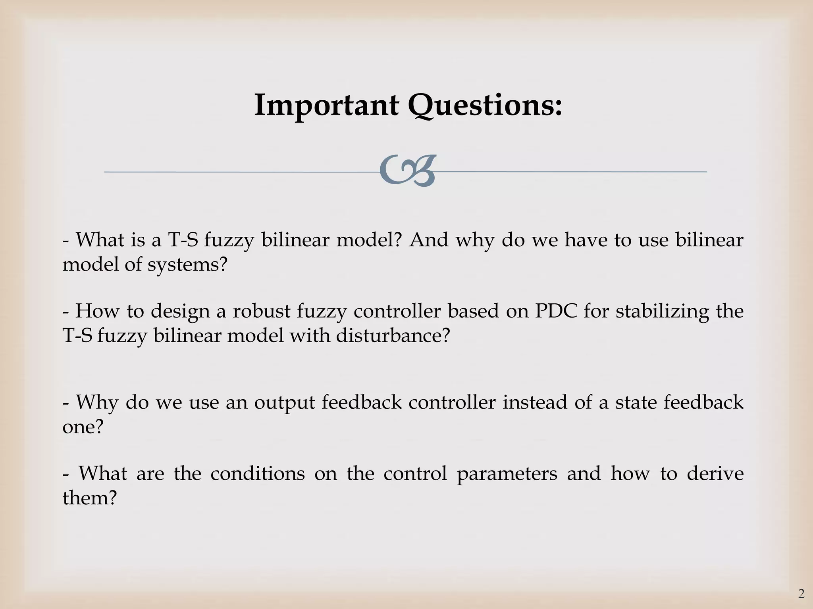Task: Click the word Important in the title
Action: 326,105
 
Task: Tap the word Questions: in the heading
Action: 485,105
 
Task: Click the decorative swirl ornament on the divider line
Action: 407,171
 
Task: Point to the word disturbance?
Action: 393,335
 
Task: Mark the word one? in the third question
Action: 83,427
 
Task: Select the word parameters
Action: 507,474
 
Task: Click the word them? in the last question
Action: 90,497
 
